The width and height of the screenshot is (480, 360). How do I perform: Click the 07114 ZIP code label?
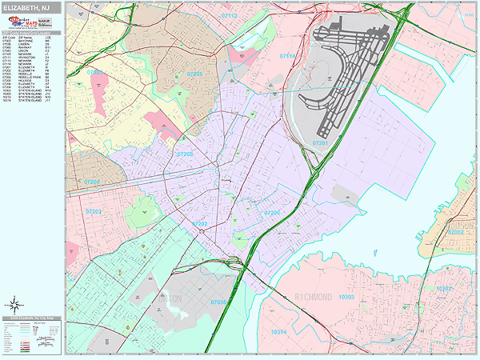289,57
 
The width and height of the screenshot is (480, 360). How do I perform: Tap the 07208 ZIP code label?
185,154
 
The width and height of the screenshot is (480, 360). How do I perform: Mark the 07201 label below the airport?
321,143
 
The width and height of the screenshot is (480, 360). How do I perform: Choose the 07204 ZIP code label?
93,182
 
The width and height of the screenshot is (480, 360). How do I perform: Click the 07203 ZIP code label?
94,211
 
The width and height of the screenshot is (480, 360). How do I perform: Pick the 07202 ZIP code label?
200,224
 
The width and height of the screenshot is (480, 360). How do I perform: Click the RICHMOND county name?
313,297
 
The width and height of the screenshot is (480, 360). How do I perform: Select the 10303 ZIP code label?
346,297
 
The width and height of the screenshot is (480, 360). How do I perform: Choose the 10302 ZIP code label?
445,287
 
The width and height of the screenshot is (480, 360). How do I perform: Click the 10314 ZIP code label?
278,331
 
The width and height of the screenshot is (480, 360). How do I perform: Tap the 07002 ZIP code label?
455,231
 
